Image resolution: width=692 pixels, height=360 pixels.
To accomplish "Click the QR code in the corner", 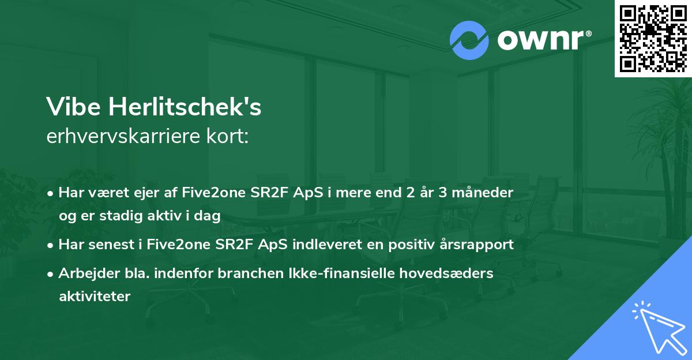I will coord(653,38).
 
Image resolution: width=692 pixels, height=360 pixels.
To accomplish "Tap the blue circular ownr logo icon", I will coord(469,40).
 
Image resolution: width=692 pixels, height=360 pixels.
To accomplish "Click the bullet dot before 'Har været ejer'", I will coord(52,193).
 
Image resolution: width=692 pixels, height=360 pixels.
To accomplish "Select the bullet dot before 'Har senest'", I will coord(52,245).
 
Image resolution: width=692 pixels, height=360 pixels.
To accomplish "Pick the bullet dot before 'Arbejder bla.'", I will coord(52,274).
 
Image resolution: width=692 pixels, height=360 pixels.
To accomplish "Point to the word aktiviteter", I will coord(95,297).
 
